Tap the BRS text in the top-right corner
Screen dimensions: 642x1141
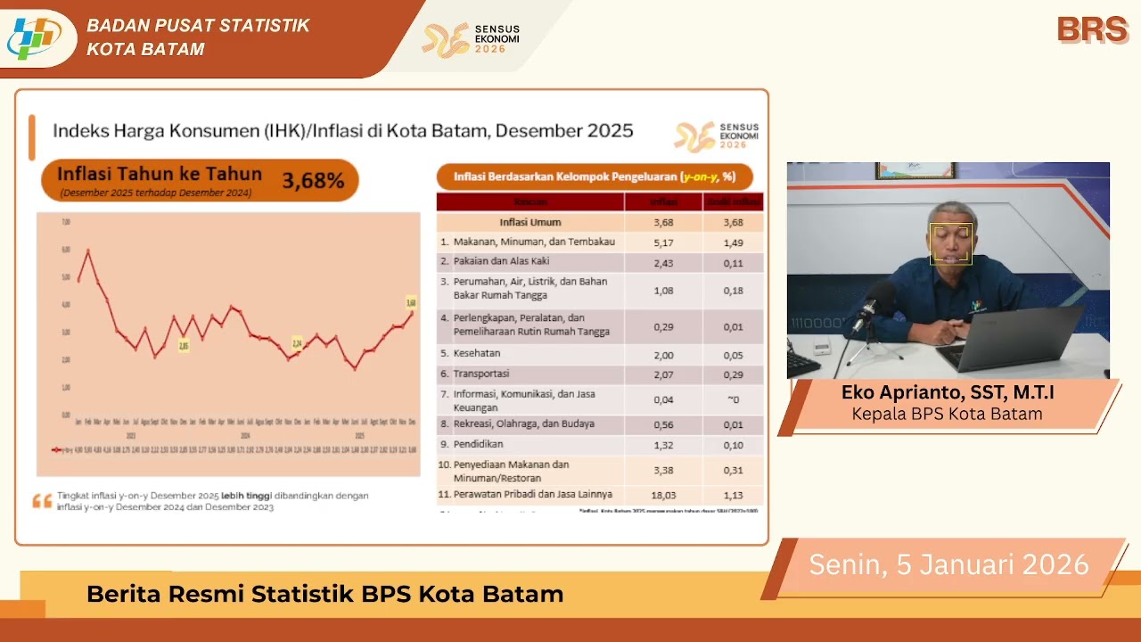1092,29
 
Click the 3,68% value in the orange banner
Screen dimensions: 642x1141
313,181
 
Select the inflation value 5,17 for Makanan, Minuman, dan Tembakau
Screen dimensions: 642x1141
662,242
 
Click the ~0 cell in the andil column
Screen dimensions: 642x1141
733,400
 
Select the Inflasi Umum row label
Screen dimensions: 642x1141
530,222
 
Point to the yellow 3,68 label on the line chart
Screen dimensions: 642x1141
411,301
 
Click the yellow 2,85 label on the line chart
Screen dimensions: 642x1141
183,345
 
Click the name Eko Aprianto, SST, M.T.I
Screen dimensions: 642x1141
948,393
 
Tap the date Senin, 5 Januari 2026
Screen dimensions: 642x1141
948,564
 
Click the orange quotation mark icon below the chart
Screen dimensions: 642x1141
42,501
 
